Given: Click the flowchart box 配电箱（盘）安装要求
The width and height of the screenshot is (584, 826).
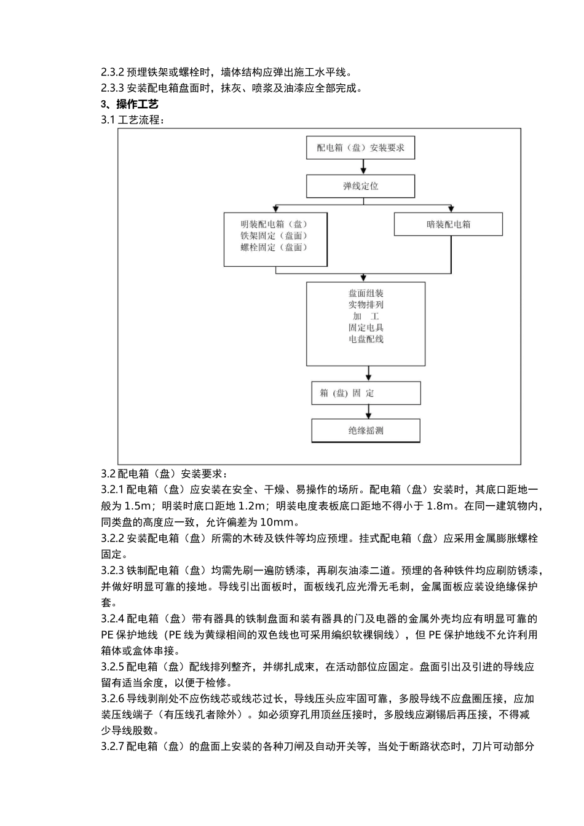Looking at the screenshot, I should [361, 148].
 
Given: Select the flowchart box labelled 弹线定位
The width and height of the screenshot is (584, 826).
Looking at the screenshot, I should [361, 186].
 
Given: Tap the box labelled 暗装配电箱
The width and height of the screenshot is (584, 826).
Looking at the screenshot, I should [448, 224].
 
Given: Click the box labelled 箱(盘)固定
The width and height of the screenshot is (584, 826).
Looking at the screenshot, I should [366, 393].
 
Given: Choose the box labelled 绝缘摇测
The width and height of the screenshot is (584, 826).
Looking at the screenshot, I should [366, 431].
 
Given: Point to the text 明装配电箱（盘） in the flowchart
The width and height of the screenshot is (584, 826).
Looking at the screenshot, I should [274, 224].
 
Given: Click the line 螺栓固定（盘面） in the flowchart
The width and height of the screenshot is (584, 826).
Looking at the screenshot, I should [274, 248].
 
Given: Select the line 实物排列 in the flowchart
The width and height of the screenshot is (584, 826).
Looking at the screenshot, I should [366, 305].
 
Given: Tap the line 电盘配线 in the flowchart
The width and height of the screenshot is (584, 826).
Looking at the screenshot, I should [366, 339].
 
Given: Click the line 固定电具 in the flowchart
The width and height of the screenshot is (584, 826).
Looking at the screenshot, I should [366, 328].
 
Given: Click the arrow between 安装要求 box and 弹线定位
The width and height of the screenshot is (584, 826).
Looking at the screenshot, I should [361, 167].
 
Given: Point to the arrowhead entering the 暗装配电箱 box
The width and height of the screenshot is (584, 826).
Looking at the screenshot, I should [451, 209].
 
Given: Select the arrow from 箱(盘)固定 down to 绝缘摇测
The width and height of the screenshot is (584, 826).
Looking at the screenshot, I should [368, 412].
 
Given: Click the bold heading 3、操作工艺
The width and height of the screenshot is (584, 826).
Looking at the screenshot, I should [130, 104].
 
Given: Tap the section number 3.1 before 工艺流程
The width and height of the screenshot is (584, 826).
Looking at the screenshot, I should [108, 120].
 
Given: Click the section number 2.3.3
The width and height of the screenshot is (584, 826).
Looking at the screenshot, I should [112, 88].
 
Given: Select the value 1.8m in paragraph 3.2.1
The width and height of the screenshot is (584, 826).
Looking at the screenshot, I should [441, 506].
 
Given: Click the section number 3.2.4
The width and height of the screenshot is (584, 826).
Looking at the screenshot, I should [112, 619].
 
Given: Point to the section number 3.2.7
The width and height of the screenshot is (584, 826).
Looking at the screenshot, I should [112, 747].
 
